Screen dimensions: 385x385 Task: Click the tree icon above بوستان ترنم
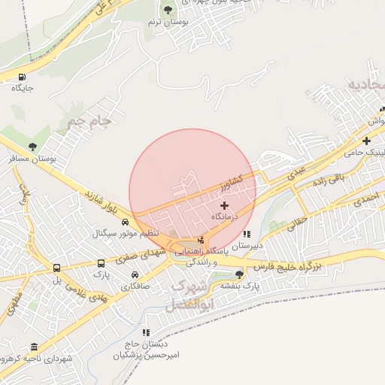coord(167,10)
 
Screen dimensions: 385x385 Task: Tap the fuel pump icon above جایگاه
coord(22,76)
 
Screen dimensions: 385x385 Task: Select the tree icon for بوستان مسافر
coord(32,147)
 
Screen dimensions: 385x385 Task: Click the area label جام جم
coord(89,120)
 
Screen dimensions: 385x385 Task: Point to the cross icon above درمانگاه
coord(224,205)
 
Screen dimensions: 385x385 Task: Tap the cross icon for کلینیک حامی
coord(366,141)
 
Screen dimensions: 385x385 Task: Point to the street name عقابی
coord(296,220)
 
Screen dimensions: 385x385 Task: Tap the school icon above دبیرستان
coord(247,234)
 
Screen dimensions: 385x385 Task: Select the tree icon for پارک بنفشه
coord(239,274)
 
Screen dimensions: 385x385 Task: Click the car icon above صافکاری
coord(135,274)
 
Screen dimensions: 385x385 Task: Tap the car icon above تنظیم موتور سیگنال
coord(125,222)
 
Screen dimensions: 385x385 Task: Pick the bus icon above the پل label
coord(56,268)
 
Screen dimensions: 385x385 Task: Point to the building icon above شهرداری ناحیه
coord(34,347)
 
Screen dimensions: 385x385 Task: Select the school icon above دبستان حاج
coord(146,332)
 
